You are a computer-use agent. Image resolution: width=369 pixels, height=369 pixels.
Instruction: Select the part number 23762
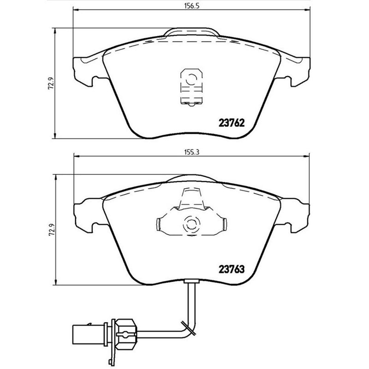(230, 123)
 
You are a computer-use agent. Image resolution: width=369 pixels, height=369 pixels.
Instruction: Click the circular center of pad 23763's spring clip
(190, 225)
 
